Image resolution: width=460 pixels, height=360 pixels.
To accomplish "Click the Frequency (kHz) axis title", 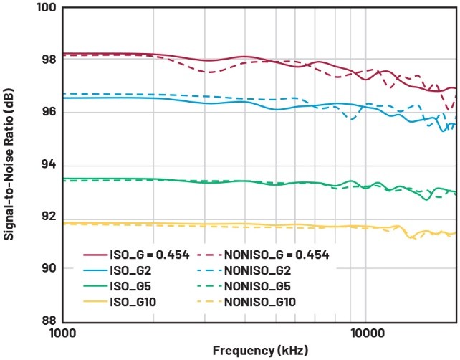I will pos(258,351).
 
